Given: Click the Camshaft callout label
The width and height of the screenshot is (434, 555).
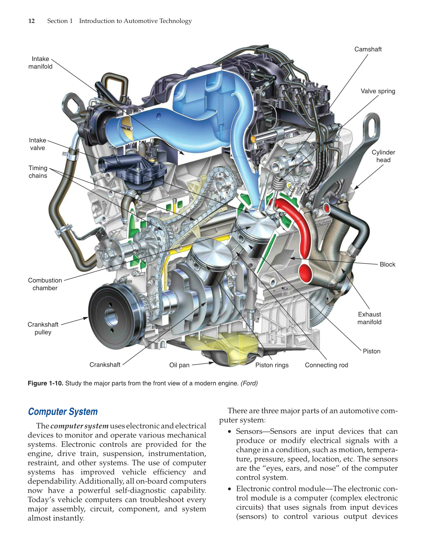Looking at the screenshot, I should [368, 49].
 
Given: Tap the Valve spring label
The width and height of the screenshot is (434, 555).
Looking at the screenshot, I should [378, 91].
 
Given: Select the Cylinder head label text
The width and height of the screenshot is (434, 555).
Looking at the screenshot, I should [383, 156].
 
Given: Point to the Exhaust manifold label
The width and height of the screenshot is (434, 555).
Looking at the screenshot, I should [369, 318].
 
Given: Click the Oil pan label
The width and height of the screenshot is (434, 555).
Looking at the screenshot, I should [179, 365].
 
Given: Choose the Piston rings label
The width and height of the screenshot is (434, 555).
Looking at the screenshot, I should [272, 365].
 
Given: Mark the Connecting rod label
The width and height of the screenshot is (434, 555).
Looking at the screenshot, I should [326, 365].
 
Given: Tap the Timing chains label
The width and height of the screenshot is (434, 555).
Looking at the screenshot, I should [38, 172].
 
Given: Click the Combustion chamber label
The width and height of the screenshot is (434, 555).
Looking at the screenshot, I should [45, 284].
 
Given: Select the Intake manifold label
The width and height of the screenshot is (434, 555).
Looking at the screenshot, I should [40, 63].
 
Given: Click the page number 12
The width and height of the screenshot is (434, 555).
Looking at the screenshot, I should [32, 21].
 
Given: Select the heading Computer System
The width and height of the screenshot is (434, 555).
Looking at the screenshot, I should [63, 412].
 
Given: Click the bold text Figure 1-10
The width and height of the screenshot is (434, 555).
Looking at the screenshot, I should [45, 383].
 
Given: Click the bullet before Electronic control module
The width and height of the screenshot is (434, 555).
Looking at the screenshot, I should [230, 489].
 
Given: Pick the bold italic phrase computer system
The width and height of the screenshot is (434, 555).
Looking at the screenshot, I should [79, 426].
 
